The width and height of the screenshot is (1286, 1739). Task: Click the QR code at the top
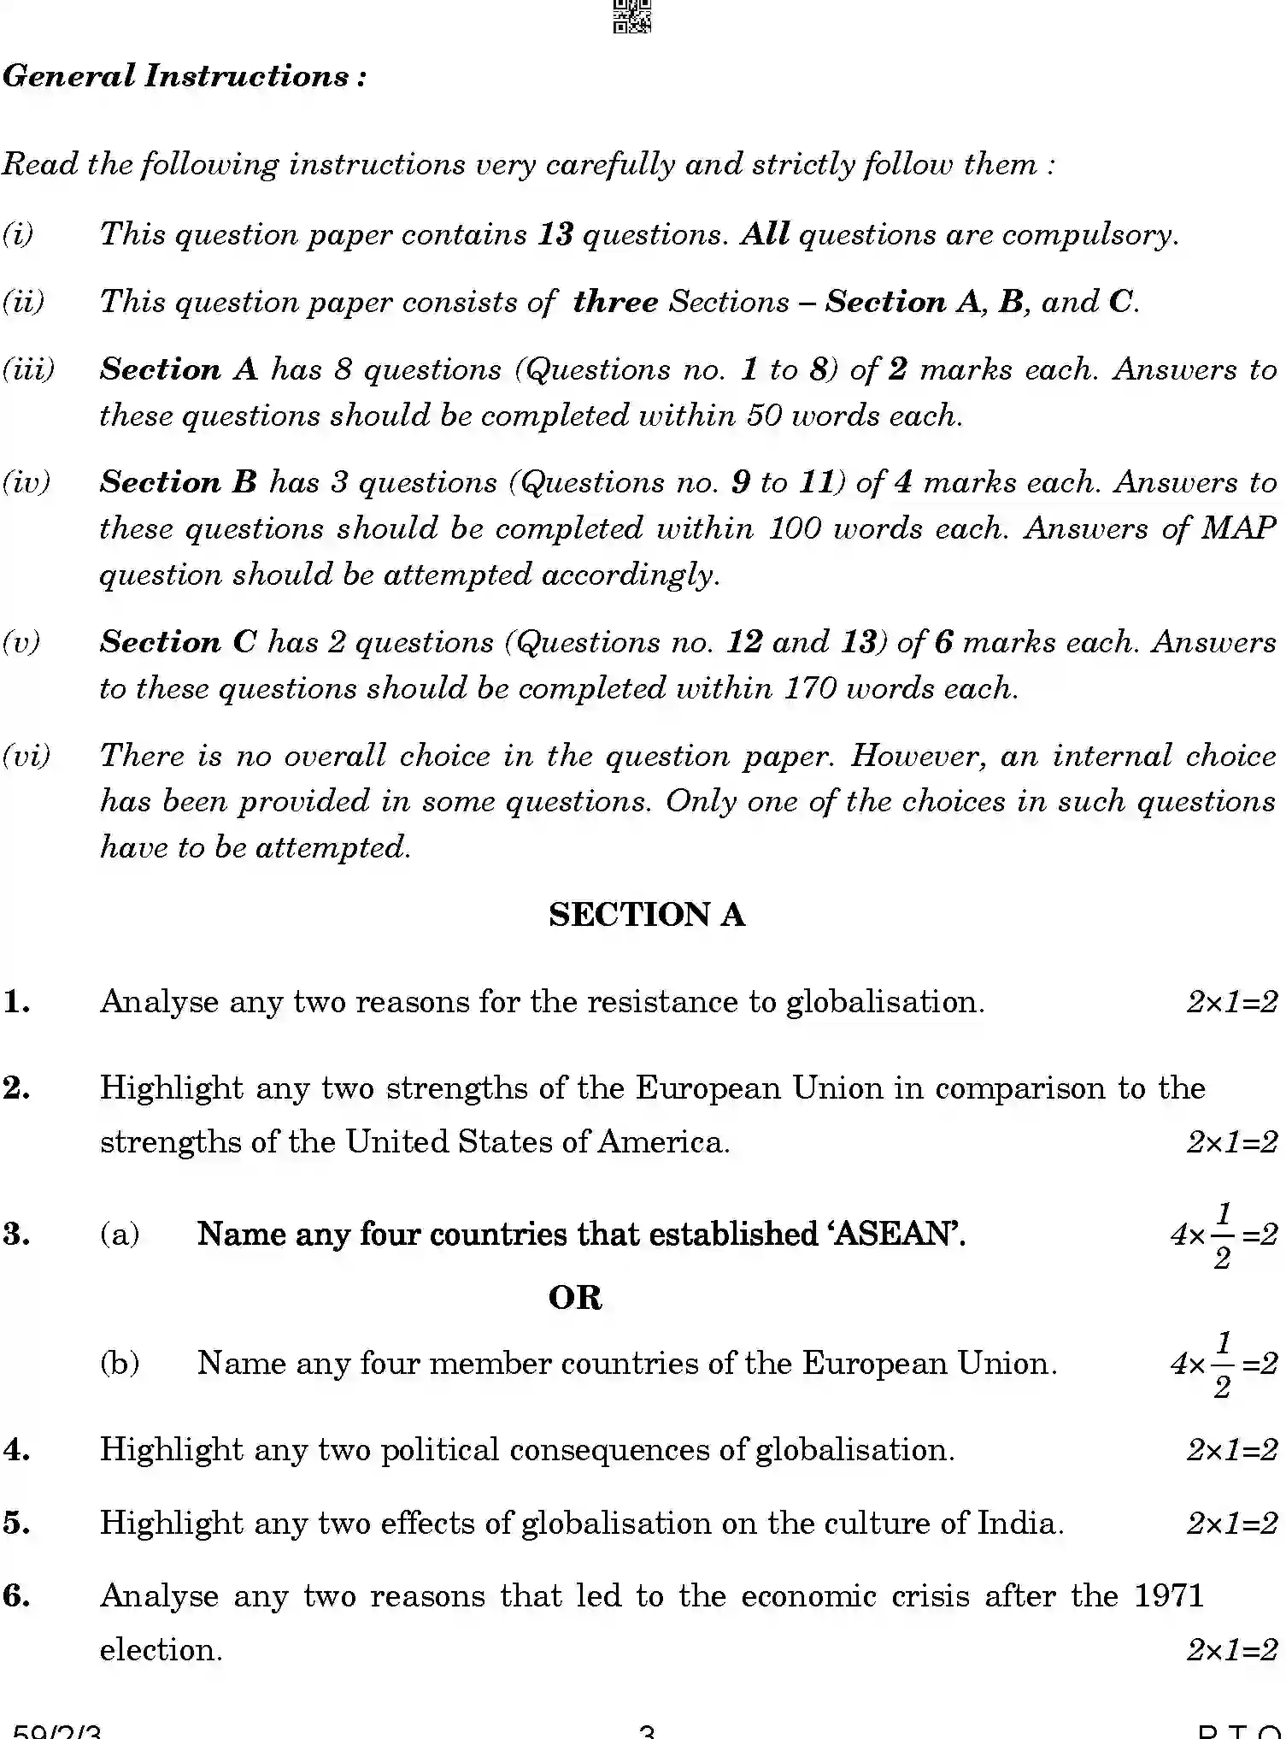point(631,15)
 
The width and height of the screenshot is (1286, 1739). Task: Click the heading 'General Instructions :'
point(185,77)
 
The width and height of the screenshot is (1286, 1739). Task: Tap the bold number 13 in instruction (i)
point(555,234)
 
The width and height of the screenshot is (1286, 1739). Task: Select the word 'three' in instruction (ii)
point(615,302)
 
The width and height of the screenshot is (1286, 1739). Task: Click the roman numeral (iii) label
point(28,369)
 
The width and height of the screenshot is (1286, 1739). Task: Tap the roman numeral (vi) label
point(26,756)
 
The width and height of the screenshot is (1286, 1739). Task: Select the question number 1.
point(17,1002)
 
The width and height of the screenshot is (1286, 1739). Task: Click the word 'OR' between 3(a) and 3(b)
point(575,1298)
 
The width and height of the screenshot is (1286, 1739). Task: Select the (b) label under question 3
point(120,1363)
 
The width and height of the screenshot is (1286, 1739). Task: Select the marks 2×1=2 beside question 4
point(1231,1450)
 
